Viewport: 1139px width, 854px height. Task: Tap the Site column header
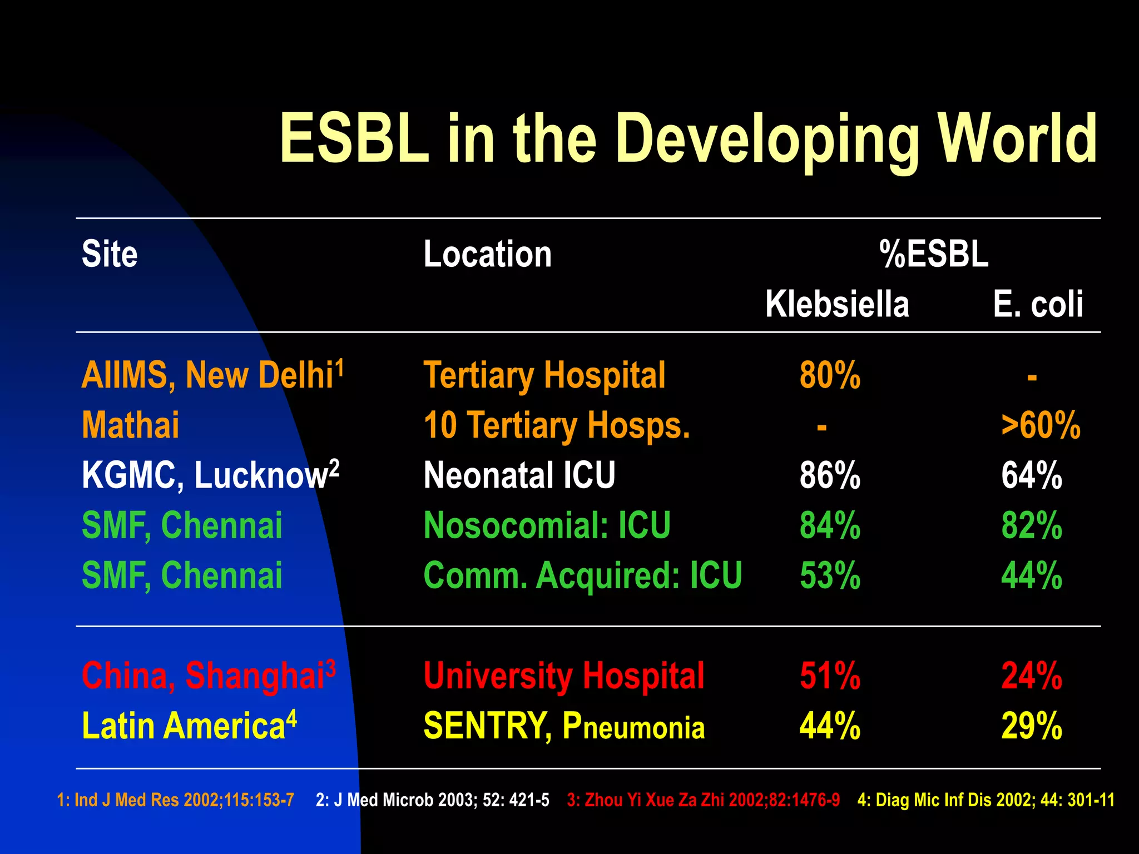[110, 254]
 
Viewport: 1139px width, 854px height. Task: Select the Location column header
[487, 254]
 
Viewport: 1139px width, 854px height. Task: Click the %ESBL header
[934, 254]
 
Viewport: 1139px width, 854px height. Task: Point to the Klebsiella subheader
[836, 304]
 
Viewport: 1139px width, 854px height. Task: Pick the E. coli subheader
[1038, 304]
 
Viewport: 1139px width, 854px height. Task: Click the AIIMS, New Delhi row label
[212, 375]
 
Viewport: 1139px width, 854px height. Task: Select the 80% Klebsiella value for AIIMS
[830, 375]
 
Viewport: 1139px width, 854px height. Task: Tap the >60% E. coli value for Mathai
[1041, 425]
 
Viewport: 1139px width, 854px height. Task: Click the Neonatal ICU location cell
[519, 475]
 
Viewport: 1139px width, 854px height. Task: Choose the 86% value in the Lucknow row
[830, 475]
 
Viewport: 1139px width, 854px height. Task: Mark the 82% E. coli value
[1032, 525]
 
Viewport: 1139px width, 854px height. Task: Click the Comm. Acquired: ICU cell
[582, 575]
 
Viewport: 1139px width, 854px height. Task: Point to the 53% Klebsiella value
[830, 575]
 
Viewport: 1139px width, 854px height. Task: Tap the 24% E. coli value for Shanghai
[1032, 676]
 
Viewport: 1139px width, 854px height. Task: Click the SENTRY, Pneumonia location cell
[564, 726]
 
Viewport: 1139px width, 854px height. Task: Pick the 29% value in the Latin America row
[1032, 726]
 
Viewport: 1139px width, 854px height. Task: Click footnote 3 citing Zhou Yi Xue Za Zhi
[703, 800]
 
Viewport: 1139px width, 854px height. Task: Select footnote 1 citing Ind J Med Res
[175, 800]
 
